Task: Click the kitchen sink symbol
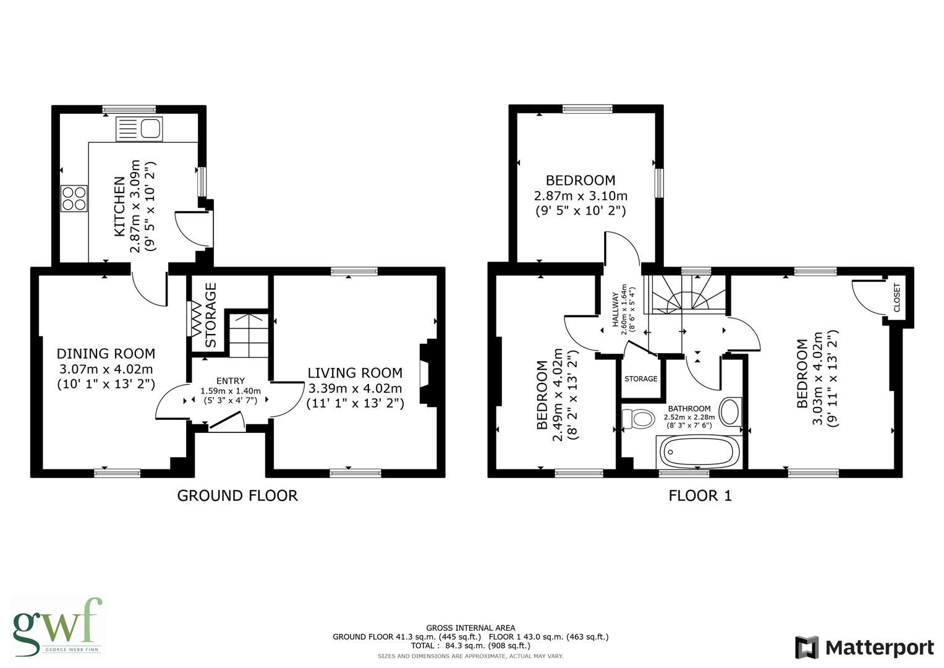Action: click(x=139, y=129)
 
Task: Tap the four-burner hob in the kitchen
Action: click(x=74, y=198)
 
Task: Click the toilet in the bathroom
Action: click(x=638, y=419)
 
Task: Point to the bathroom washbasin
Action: click(x=730, y=411)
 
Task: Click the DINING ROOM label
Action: click(x=106, y=353)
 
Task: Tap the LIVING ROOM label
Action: click(x=355, y=373)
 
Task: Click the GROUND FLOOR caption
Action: click(x=237, y=495)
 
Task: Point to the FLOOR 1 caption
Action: click(x=700, y=495)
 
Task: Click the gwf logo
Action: click(x=57, y=626)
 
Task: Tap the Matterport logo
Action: click(x=864, y=648)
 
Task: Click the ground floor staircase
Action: click(x=249, y=335)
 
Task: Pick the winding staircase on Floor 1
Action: click(x=688, y=294)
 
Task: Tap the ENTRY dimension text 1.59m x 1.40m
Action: click(x=231, y=391)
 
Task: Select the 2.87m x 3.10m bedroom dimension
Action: click(x=580, y=196)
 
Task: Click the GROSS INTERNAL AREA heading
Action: click(x=470, y=628)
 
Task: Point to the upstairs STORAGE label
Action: click(x=640, y=379)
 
